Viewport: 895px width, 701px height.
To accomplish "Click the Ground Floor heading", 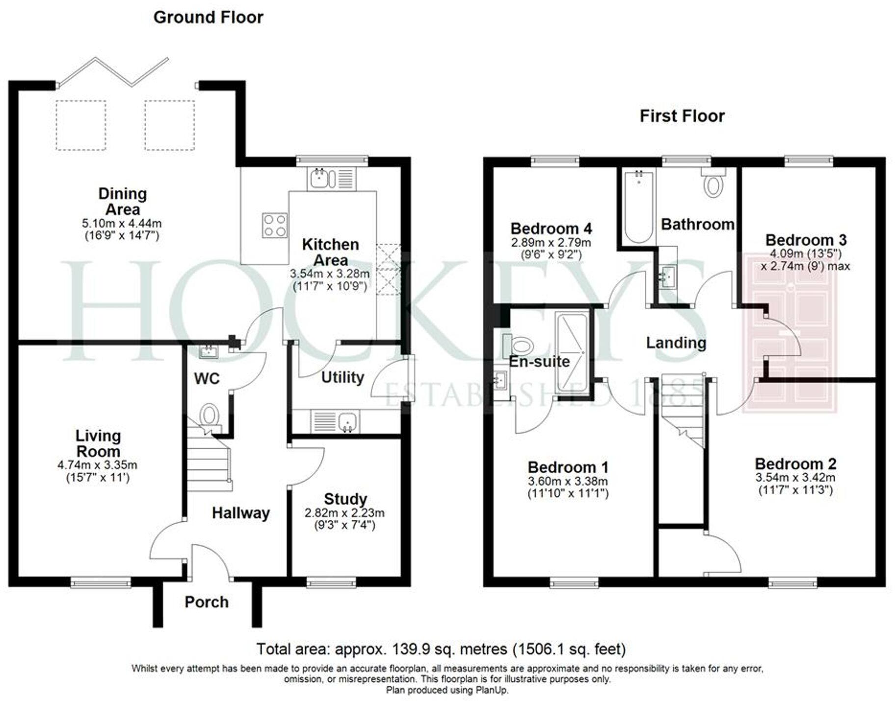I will (x=208, y=17).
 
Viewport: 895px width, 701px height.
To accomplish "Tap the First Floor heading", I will (x=682, y=116).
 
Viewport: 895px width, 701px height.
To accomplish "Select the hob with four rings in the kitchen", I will (x=274, y=225).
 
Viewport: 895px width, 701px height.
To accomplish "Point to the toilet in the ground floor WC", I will (x=210, y=415).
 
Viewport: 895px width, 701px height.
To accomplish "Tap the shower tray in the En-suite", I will (x=571, y=352).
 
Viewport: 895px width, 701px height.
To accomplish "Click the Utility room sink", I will (x=347, y=422).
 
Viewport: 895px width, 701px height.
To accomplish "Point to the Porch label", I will (x=207, y=602).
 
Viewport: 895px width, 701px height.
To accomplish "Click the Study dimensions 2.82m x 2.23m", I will (x=344, y=513).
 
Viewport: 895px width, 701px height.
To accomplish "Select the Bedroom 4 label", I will (x=551, y=228).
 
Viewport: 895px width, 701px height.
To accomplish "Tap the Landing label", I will (x=676, y=343).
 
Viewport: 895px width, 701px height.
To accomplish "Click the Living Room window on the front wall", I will (x=101, y=582).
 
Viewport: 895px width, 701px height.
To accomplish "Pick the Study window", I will (x=331, y=582).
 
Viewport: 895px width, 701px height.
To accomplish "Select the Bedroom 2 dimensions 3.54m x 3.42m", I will (x=795, y=477).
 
